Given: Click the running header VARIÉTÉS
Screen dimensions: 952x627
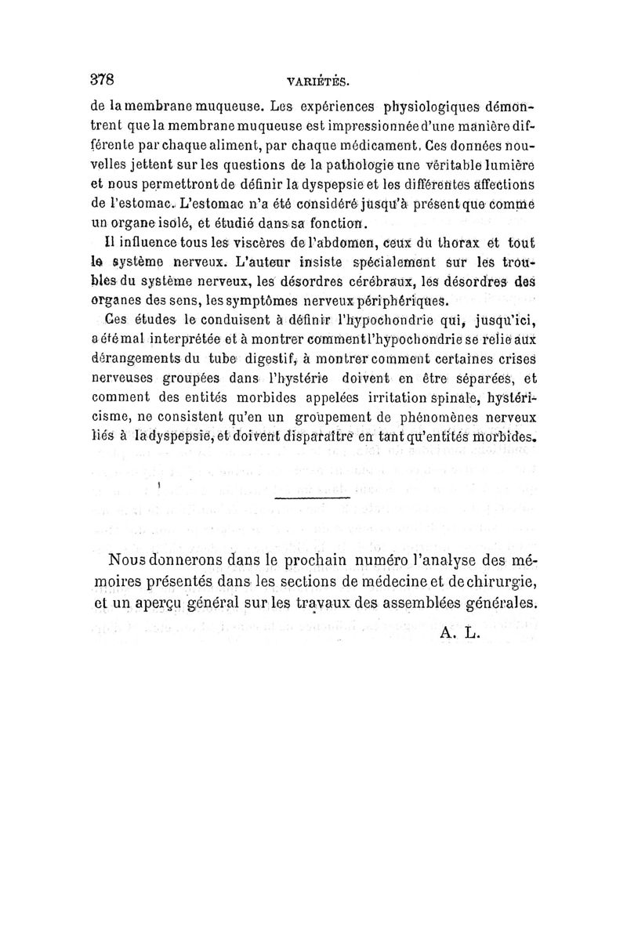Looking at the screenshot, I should point(317,81).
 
